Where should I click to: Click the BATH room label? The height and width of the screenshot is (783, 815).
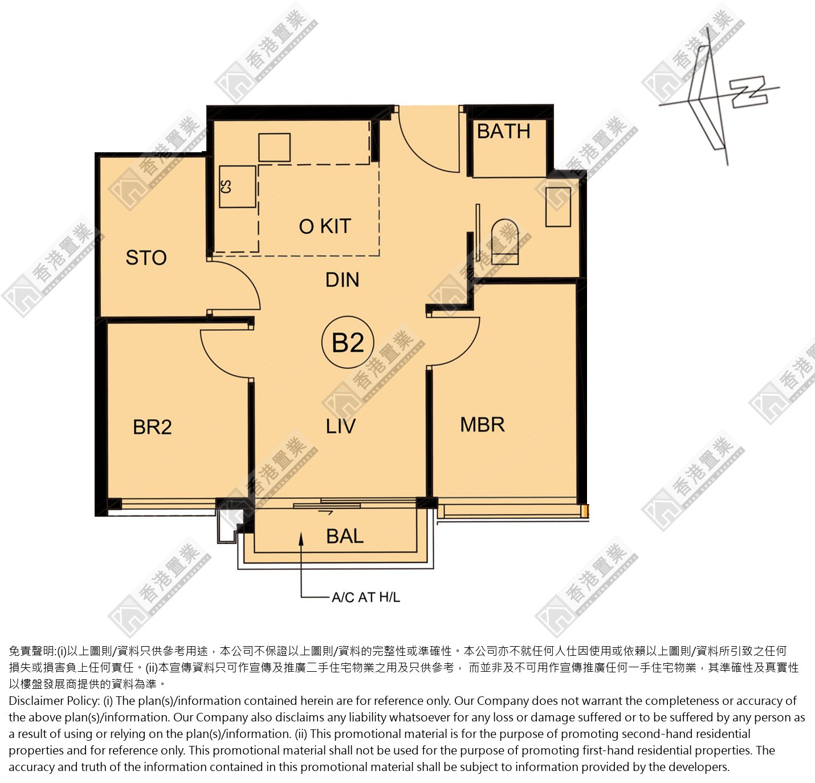(x=503, y=131)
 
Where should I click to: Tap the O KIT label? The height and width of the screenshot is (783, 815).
(x=325, y=226)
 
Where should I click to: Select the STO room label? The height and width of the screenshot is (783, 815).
(x=146, y=257)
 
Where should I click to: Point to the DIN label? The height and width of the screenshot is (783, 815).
(x=342, y=279)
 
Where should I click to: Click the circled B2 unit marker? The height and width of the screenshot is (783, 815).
(x=348, y=343)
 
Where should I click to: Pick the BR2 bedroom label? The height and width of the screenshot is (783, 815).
(x=152, y=427)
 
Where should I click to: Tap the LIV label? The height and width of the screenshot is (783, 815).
(x=340, y=427)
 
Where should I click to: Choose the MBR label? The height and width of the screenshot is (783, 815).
(x=483, y=425)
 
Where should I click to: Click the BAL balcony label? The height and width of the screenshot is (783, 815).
(x=345, y=537)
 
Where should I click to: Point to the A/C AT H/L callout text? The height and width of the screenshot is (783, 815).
(x=366, y=597)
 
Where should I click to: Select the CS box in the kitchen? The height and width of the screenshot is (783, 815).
(x=238, y=186)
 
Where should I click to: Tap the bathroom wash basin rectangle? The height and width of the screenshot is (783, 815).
(x=559, y=207)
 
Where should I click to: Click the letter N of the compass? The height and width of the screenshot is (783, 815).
(x=749, y=92)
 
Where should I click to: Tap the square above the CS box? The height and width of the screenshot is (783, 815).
(x=274, y=148)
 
